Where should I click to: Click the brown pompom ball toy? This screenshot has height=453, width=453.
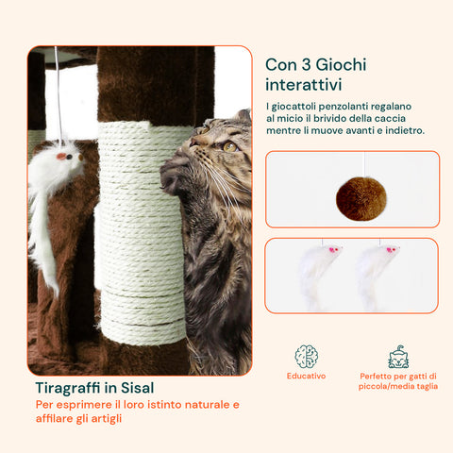point(361,198)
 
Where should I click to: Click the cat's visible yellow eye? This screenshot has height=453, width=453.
point(230,146)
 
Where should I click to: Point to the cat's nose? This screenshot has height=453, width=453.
point(193,143)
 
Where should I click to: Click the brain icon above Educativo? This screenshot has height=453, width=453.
point(306,357)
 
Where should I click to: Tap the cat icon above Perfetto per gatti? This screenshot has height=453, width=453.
point(398,357)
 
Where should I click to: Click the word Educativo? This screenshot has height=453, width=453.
point(306,376)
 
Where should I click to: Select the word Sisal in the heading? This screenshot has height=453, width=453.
point(138,388)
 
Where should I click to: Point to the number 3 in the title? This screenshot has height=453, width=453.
point(306,65)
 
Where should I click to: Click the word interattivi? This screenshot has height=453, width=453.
point(303,85)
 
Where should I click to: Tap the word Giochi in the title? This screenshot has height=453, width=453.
point(341,65)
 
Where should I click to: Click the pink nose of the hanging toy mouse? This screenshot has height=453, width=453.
point(61,156)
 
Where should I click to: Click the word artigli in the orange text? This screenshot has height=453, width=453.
point(107,419)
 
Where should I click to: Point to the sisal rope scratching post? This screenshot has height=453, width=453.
point(141,233)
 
